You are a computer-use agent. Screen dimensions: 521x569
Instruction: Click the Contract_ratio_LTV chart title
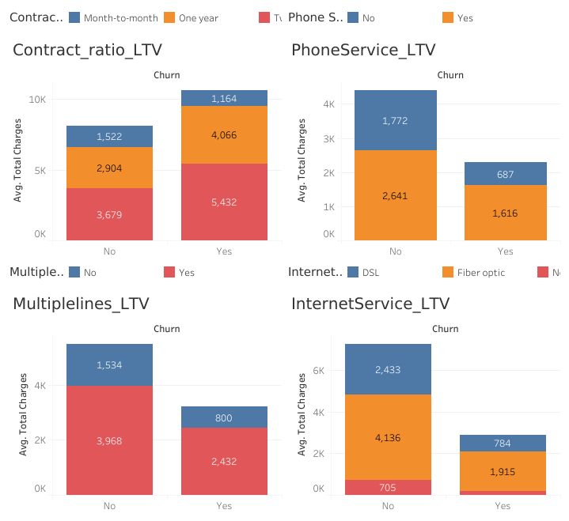(x=87, y=50)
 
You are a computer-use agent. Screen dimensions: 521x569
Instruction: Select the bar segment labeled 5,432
(x=224, y=202)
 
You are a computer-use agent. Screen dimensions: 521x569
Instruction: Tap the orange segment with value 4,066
(x=224, y=134)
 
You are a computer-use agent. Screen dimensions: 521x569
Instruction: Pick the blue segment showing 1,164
(x=224, y=98)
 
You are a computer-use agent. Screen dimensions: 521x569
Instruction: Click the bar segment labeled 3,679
(x=109, y=214)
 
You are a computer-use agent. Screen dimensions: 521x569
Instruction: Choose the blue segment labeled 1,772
(x=396, y=120)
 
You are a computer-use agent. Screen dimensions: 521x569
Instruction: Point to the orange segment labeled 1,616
(x=506, y=213)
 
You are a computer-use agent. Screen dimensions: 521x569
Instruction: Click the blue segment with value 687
(x=506, y=174)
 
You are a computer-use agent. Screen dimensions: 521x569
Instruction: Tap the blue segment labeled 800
(x=224, y=417)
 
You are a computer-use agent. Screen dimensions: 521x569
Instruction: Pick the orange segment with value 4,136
(x=388, y=436)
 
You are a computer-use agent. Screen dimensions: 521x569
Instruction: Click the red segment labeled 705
(x=388, y=487)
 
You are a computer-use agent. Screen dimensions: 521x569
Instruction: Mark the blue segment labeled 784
(x=503, y=443)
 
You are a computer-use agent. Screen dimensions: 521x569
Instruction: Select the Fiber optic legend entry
(x=480, y=272)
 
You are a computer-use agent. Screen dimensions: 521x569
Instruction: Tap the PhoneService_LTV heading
(x=363, y=50)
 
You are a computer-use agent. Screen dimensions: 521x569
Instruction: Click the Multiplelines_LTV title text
(x=81, y=304)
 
